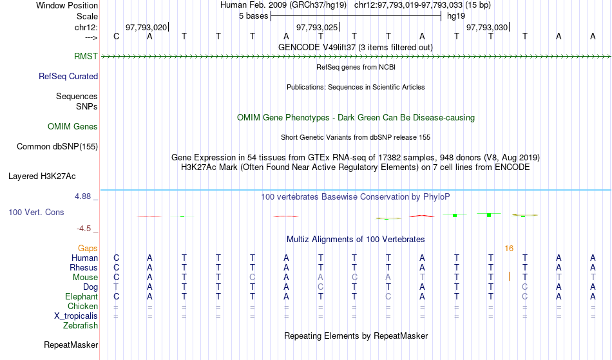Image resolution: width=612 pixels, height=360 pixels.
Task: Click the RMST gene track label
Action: pyautogui.click(x=86, y=57)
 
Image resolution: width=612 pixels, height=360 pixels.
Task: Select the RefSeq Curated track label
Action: pyautogui.click(x=68, y=77)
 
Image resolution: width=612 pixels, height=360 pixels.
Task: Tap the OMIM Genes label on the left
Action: pyautogui.click(x=73, y=127)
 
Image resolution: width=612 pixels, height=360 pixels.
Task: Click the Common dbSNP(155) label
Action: pyautogui.click(x=57, y=147)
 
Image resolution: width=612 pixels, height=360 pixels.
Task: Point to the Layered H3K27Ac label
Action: pyautogui.click(x=42, y=176)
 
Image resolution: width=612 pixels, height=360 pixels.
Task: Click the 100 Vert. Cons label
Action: pyautogui.click(x=36, y=213)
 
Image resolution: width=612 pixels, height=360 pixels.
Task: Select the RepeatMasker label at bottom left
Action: pyautogui.click(x=71, y=345)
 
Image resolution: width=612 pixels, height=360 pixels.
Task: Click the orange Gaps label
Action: pyautogui.click(x=88, y=249)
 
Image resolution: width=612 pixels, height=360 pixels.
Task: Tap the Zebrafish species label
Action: pyautogui.click(x=81, y=326)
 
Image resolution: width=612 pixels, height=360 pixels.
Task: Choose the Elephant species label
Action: pyautogui.click(x=82, y=297)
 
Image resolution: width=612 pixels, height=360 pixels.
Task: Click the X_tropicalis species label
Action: pyautogui.click(x=76, y=316)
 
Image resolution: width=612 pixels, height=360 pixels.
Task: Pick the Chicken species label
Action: pyautogui.click(x=82, y=307)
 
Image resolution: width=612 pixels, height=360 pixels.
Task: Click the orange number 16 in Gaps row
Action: pyautogui.click(x=509, y=249)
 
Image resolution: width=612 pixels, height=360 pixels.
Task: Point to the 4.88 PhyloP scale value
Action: pyautogui.click(x=82, y=196)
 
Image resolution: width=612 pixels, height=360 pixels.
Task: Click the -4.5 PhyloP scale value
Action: pyautogui.click(x=84, y=229)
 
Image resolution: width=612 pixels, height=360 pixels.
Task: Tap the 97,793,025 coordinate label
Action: pyautogui.click(x=316, y=28)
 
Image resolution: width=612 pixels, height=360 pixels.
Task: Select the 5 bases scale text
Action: pyautogui.click(x=254, y=16)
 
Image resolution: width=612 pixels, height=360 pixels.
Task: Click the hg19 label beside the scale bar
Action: pyautogui.click(x=456, y=16)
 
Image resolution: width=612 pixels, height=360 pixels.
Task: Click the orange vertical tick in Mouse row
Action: pyautogui.click(x=509, y=276)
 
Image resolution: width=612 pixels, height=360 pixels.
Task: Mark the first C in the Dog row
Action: pyautogui.click(x=320, y=287)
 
